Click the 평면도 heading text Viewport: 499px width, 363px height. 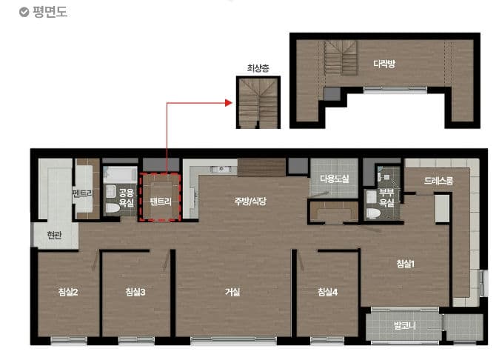(x=50, y=12)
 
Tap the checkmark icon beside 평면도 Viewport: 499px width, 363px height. (x=24, y=13)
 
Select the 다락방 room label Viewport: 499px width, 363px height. (x=384, y=64)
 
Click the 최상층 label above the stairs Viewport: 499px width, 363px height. (x=258, y=68)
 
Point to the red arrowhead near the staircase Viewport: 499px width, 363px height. (x=229, y=103)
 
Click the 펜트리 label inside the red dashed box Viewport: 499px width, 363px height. (x=161, y=202)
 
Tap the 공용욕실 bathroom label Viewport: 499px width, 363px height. (x=127, y=197)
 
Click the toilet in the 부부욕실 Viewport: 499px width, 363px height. (x=372, y=213)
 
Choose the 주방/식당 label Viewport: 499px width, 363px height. (x=250, y=202)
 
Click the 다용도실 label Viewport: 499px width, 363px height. (x=335, y=179)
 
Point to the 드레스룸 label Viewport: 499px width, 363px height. (x=438, y=181)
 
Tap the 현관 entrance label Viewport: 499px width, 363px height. (x=54, y=236)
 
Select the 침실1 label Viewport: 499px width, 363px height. (x=405, y=264)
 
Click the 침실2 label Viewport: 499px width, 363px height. (x=68, y=292)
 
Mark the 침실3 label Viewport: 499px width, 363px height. (x=135, y=292)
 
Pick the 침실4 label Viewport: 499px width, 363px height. (x=327, y=292)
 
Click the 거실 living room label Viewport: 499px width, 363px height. (x=232, y=292)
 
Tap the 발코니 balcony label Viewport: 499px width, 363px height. (x=404, y=326)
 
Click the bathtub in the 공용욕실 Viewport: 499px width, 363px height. (x=120, y=175)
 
